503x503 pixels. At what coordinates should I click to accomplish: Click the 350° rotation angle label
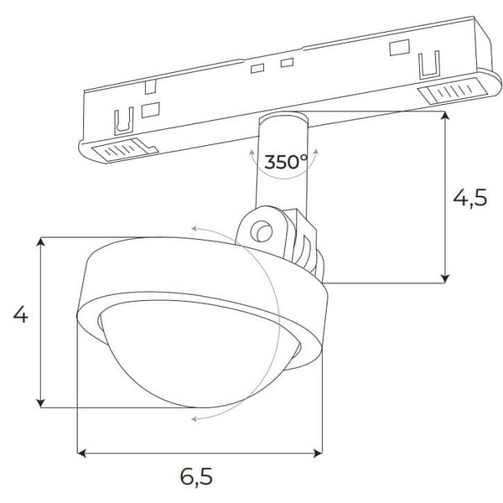coord(286,162)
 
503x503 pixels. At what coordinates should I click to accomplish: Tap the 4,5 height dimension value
coord(469,199)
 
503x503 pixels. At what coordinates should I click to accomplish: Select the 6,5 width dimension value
coord(196,477)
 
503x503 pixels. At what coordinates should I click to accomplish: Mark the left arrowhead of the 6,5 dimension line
coord(82,454)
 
